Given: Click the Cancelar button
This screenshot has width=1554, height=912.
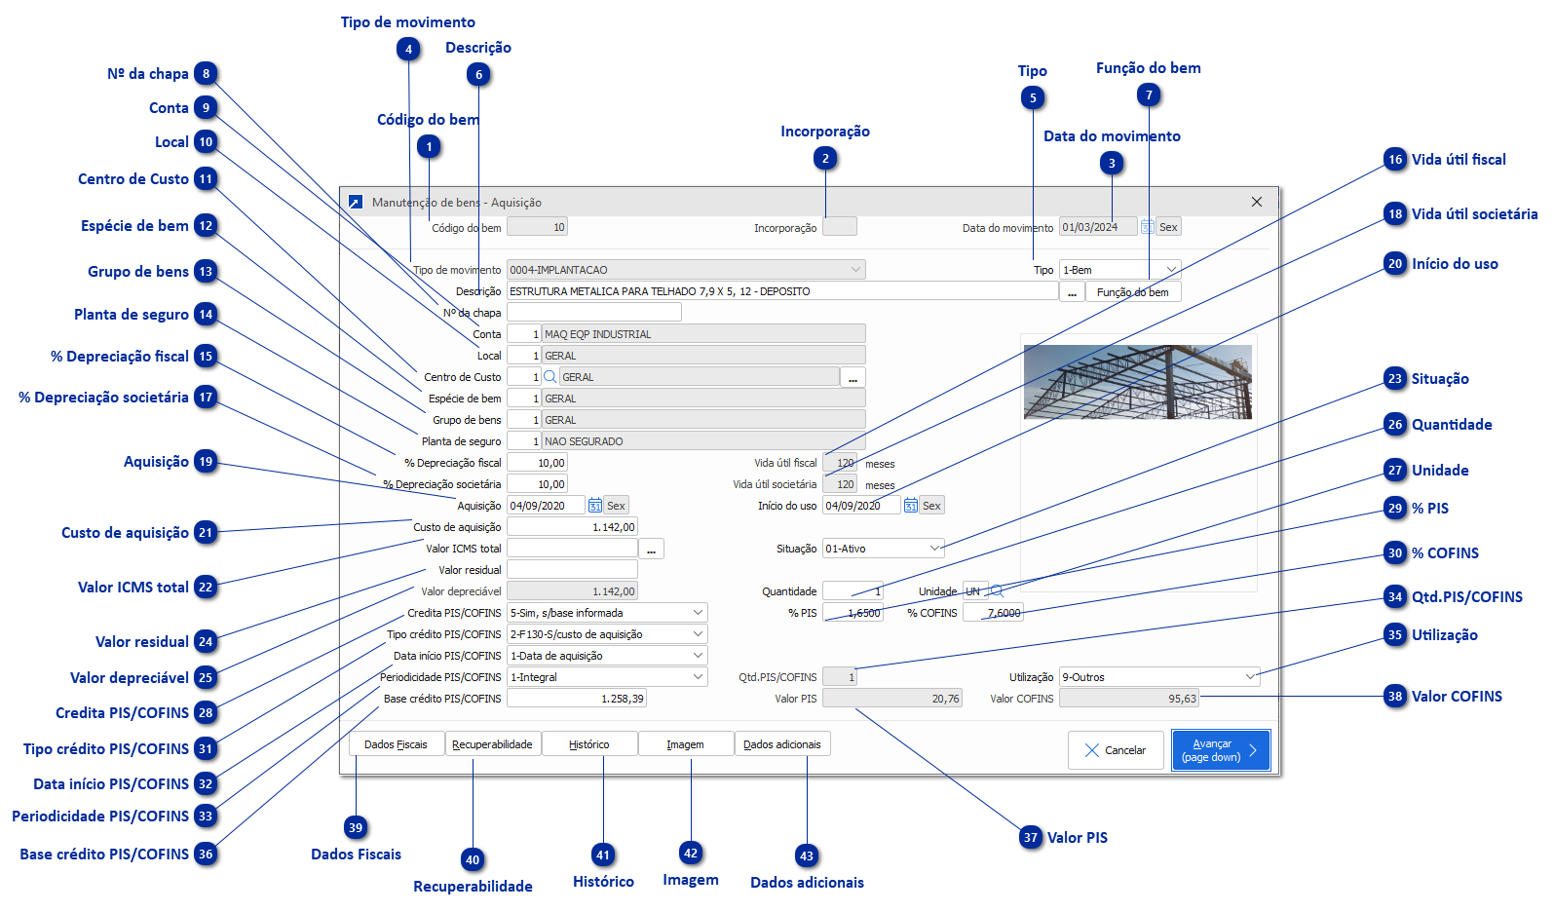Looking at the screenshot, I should (x=1116, y=750).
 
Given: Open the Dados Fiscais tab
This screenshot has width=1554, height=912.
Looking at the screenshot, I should (x=396, y=744).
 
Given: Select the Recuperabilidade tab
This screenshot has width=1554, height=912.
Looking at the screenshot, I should (x=492, y=744).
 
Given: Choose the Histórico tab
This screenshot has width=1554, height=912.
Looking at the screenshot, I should (x=588, y=744).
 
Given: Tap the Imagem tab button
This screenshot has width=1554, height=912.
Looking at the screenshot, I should (x=685, y=744).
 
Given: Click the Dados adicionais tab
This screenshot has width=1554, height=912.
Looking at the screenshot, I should (x=781, y=744).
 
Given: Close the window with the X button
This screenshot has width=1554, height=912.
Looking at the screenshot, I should (x=1256, y=202).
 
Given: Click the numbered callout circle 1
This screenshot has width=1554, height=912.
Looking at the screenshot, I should (x=429, y=147).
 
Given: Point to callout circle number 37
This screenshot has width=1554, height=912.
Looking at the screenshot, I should (x=1031, y=837).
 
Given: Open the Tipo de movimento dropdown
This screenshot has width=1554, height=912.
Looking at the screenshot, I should (x=686, y=270).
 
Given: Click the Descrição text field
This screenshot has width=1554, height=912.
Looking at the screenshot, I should (x=781, y=291).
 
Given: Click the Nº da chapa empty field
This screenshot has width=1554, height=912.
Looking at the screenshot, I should (x=593, y=313).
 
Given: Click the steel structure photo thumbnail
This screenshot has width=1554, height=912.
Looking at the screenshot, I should (x=1137, y=381).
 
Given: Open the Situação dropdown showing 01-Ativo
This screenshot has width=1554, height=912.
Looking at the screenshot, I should (x=883, y=549).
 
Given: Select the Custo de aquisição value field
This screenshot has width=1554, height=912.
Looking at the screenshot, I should (x=572, y=527).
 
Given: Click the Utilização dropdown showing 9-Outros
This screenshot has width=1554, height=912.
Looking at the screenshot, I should (x=1158, y=677).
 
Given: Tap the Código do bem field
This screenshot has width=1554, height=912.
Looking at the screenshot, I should (x=537, y=227).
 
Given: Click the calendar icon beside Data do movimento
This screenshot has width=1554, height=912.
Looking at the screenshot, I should (x=1148, y=227).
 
